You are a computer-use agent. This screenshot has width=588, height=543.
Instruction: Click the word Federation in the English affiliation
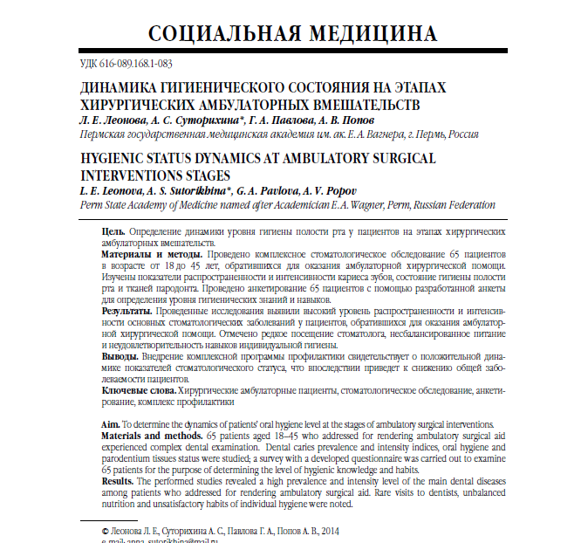(466, 205)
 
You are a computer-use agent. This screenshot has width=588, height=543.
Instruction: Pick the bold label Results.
(118, 481)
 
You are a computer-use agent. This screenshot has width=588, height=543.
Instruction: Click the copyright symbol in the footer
(106, 530)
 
